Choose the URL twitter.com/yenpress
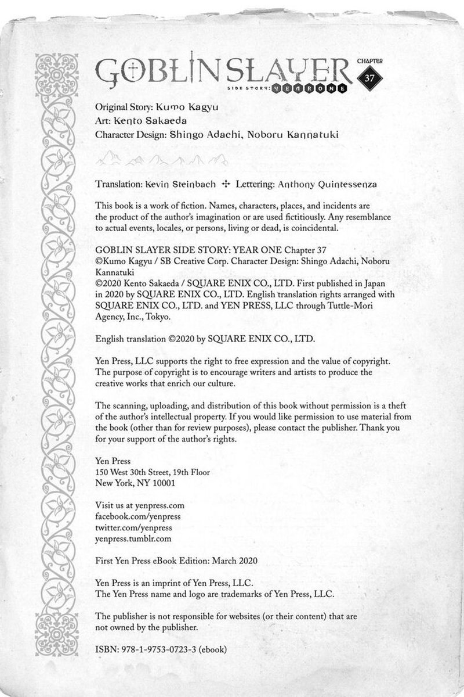coord(125,527)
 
